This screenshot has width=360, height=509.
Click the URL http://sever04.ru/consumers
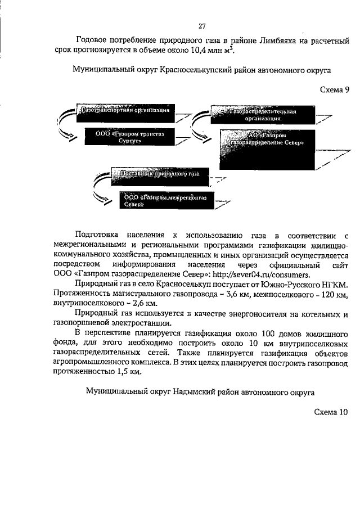262,275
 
